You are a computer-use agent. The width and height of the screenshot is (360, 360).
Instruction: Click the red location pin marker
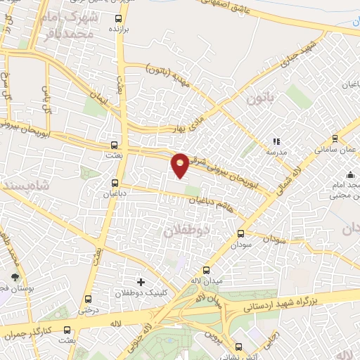[x=181, y=165]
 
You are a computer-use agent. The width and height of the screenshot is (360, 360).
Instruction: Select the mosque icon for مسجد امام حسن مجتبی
[x=349, y=174]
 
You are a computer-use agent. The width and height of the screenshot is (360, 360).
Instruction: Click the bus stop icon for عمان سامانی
[x=335, y=139]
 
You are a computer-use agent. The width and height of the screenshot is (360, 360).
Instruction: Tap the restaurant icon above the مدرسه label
[x=276, y=141]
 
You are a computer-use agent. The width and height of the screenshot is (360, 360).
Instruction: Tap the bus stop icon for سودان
[x=241, y=233]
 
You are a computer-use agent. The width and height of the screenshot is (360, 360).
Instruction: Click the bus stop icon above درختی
[x=87, y=299]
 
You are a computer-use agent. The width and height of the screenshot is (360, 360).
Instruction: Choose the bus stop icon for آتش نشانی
[x=238, y=347]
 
